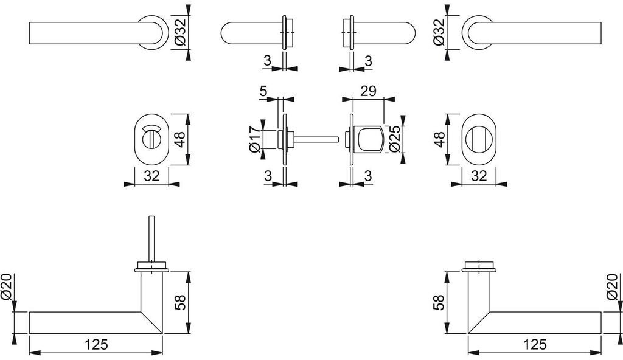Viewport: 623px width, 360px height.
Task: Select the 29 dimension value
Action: point(368,91)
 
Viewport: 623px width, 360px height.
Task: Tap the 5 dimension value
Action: point(263,91)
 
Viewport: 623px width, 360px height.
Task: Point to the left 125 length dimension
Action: point(96,344)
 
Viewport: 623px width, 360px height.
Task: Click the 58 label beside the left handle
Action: point(180,302)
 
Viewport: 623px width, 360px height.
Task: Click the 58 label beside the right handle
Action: point(439,302)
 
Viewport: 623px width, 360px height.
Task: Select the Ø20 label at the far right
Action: point(613,287)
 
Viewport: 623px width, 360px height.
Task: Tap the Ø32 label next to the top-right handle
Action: point(439,33)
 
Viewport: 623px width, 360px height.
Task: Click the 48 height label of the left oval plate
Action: point(180,139)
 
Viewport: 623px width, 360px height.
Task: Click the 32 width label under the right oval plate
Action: point(479,176)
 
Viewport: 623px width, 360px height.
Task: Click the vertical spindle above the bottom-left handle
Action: point(151,239)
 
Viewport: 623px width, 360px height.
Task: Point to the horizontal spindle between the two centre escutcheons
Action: point(316,139)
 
